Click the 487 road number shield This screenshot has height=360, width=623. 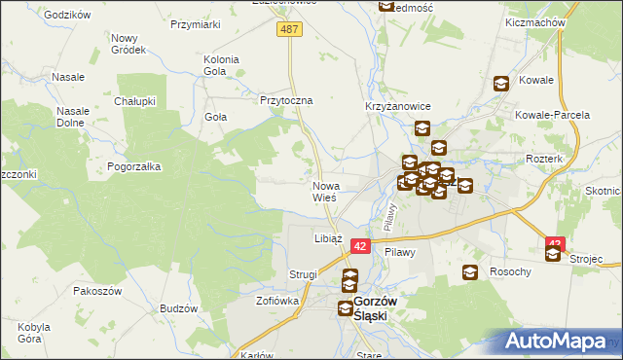[x=291, y=30]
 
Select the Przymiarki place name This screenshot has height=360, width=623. [x=195, y=24]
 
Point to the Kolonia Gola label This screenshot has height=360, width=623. [x=221, y=65]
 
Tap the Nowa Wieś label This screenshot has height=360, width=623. [x=324, y=191]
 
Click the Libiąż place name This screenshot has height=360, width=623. [x=327, y=237]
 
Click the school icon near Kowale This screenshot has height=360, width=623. [x=501, y=85]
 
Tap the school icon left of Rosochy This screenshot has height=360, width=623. [x=470, y=273]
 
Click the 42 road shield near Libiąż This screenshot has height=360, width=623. [x=360, y=248]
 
